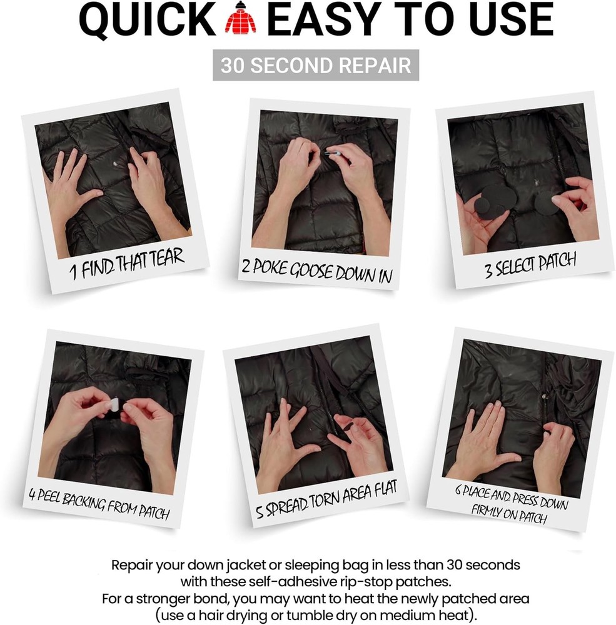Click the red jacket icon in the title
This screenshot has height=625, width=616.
[241, 21]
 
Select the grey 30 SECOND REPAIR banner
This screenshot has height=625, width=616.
[316, 66]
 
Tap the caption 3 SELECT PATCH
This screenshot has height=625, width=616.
[530, 265]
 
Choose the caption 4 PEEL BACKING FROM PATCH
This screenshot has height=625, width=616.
[99, 503]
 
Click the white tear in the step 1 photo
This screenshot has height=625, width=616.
[114, 165]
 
